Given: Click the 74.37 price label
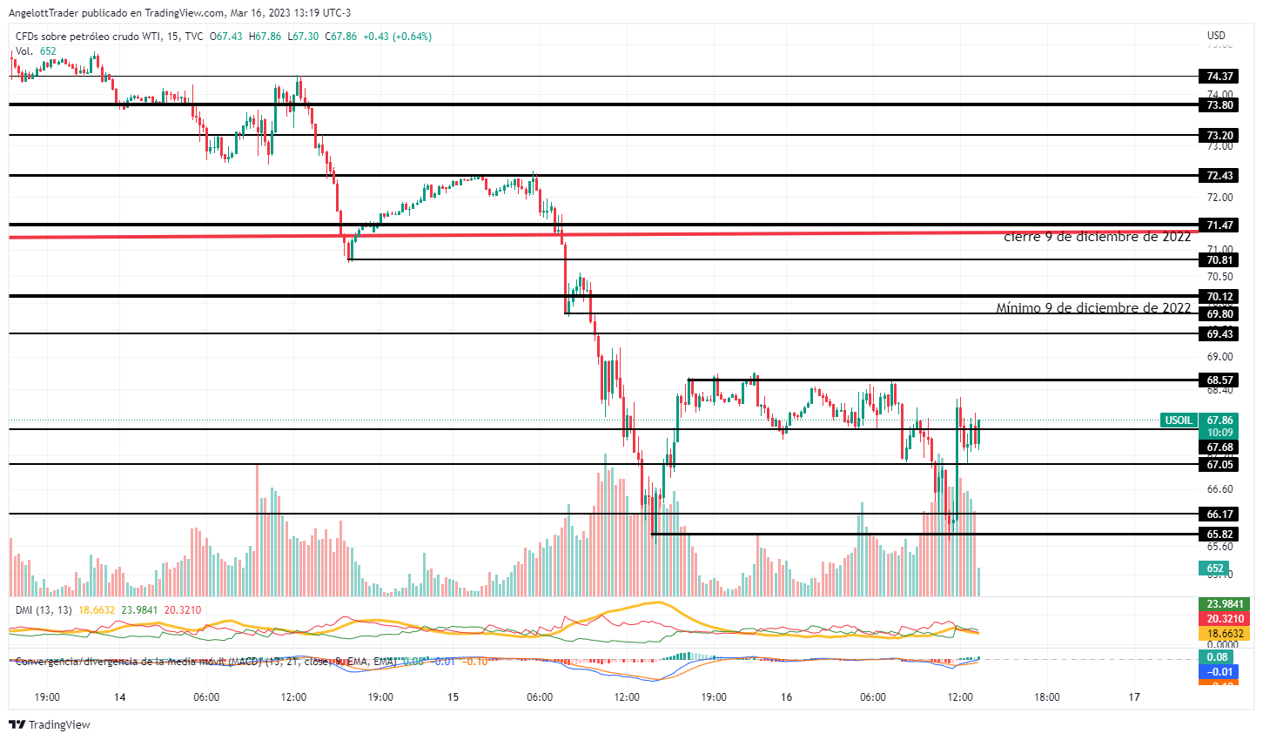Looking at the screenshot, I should [x=1219, y=77].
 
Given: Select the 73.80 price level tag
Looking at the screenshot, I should [x=1219, y=105].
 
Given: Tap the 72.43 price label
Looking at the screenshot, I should [x=1219, y=176].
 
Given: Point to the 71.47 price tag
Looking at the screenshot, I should [x=1219, y=225].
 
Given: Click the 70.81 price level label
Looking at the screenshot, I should [x=1219, y=260].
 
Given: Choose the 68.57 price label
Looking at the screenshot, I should [x=1219, y=380].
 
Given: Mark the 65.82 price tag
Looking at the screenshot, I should [x=1219, y=535].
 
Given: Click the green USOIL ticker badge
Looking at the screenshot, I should [x=1179, y=420].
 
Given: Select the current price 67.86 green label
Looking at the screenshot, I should [x=1220, y=420].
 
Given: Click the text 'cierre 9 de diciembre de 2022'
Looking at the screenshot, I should [x=1097, y=237].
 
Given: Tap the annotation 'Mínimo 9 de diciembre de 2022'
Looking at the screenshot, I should [x=1093, y=308].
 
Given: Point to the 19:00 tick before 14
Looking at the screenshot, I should [x=47, y=697].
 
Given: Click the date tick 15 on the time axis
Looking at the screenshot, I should [x=453, y=697].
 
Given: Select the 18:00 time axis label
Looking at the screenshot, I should [x=1047, y=697].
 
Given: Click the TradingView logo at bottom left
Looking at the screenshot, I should [x=50, y=724].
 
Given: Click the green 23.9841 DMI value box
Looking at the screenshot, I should [x=1225, y=604].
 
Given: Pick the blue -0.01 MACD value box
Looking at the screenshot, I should [x=1219, y=672].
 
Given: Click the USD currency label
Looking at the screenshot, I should [x=1216, y=36].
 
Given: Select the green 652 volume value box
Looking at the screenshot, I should [x=1215, y=568].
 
